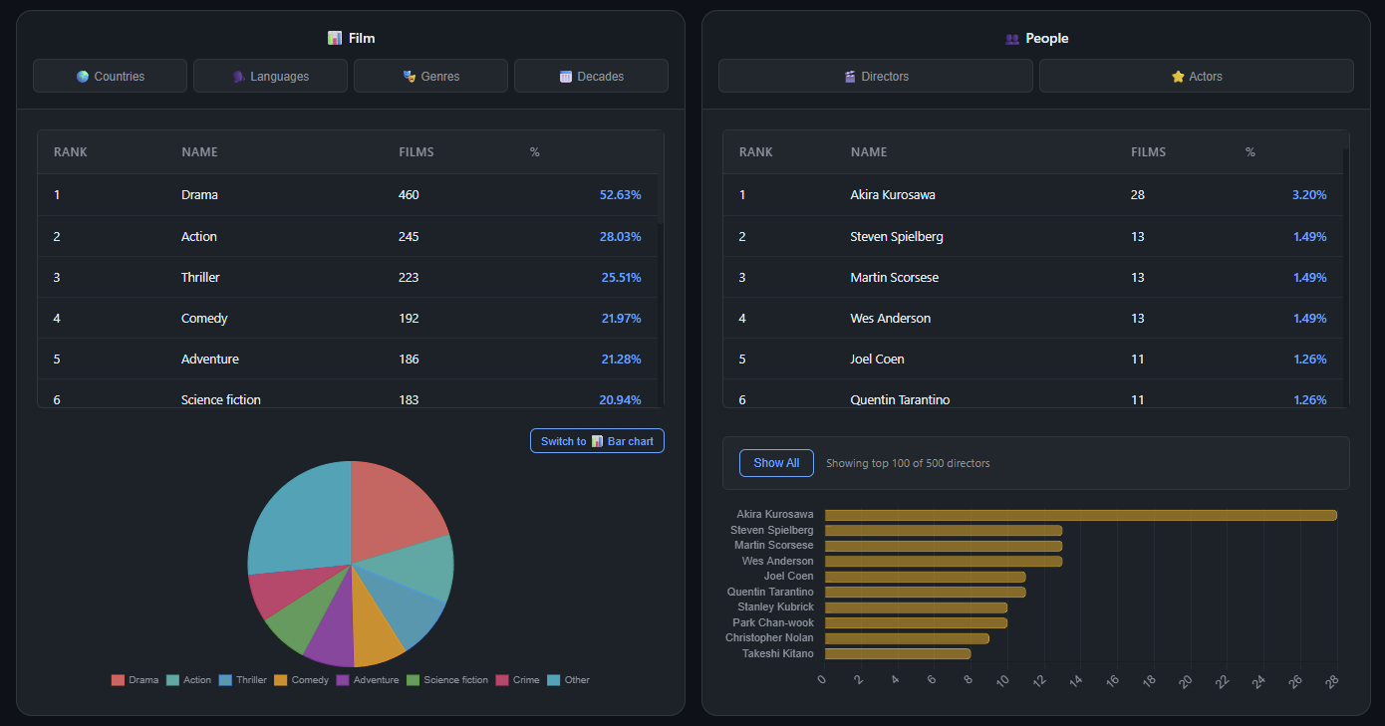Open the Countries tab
[110, 76]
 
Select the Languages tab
[270, 76]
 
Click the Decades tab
[591, 76]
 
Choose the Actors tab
[1197, 76]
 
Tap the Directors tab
[876, 76]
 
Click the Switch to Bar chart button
[597, 441]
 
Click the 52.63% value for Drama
[620, 194]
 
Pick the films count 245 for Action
[409, 236]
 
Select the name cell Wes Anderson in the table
[891, 319]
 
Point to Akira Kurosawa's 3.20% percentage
[1309, 194]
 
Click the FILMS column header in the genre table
[416, 152]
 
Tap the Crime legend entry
[517, 679]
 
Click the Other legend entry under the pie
[569, 679]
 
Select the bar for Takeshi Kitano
[898, 653]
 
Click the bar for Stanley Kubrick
[916, 607]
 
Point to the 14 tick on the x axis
[1076, 681]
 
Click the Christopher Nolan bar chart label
[769, 637]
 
